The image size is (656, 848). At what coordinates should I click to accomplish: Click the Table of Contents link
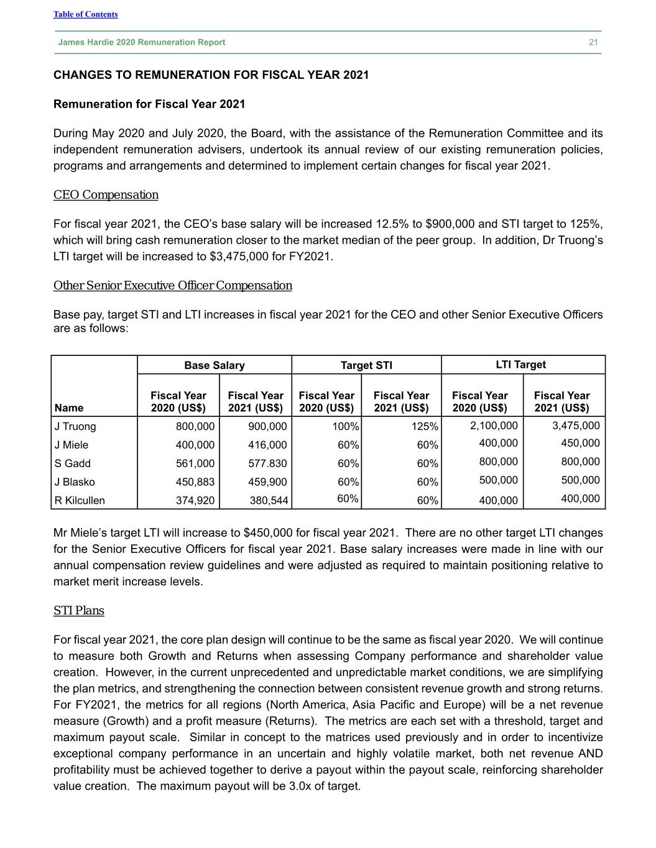pos(85,14)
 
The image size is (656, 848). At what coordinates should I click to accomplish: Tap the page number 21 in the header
pos(593,42)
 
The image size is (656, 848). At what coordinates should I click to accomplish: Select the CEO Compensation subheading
pos(106,195)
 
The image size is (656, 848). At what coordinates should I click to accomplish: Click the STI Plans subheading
pos(79,611)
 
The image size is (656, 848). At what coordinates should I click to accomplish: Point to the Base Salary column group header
pos(214,365)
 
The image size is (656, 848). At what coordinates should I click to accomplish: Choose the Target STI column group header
pos(366,365)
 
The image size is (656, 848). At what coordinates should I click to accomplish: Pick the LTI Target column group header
pos(520,365)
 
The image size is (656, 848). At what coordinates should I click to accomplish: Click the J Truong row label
pos(75,426)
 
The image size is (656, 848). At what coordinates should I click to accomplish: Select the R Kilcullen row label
pos(80,500)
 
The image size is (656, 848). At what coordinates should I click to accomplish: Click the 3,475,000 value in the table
pos(576,426)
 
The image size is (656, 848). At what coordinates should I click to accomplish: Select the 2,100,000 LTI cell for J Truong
pos(494,426)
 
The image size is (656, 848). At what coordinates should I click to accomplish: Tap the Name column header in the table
pos(69,408)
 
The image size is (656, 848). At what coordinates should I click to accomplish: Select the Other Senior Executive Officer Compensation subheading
pos(173,286)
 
